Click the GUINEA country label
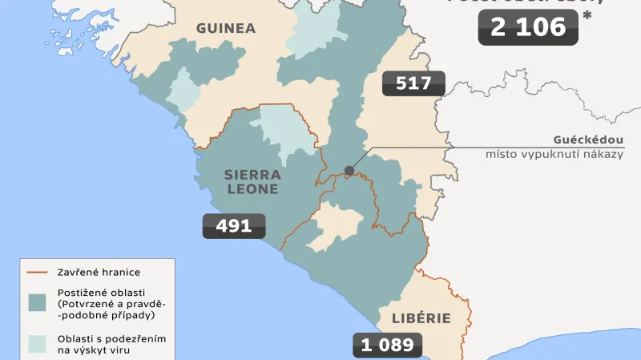226,28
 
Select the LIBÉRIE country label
421,318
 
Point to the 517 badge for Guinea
413,83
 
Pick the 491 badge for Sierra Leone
234,226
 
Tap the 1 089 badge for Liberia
387,346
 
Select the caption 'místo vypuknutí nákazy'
554,154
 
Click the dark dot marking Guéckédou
349,170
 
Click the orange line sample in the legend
38,272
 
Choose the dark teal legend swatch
38,303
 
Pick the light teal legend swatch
38,343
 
